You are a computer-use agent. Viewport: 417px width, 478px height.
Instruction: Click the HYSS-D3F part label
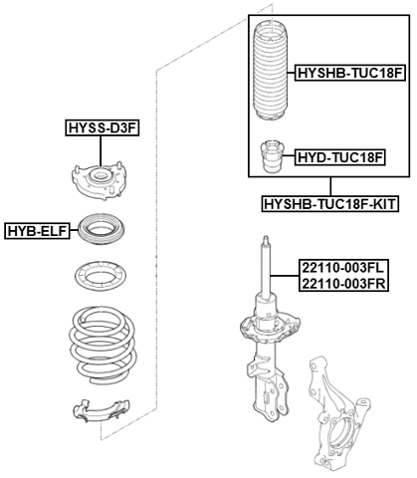(x=103, y=126)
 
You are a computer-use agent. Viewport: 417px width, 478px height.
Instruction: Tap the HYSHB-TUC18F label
(x=349, y=73)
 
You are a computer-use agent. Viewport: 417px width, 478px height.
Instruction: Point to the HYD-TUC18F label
(x=339, y=157)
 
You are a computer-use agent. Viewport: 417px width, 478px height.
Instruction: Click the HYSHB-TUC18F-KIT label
(x=329, y=204)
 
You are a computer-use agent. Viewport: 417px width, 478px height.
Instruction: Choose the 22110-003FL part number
(x=342, y=268)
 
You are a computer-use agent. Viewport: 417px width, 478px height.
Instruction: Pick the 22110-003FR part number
(x=342, y=284)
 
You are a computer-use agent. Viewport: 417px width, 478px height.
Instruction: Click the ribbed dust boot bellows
(x=271, y=70)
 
